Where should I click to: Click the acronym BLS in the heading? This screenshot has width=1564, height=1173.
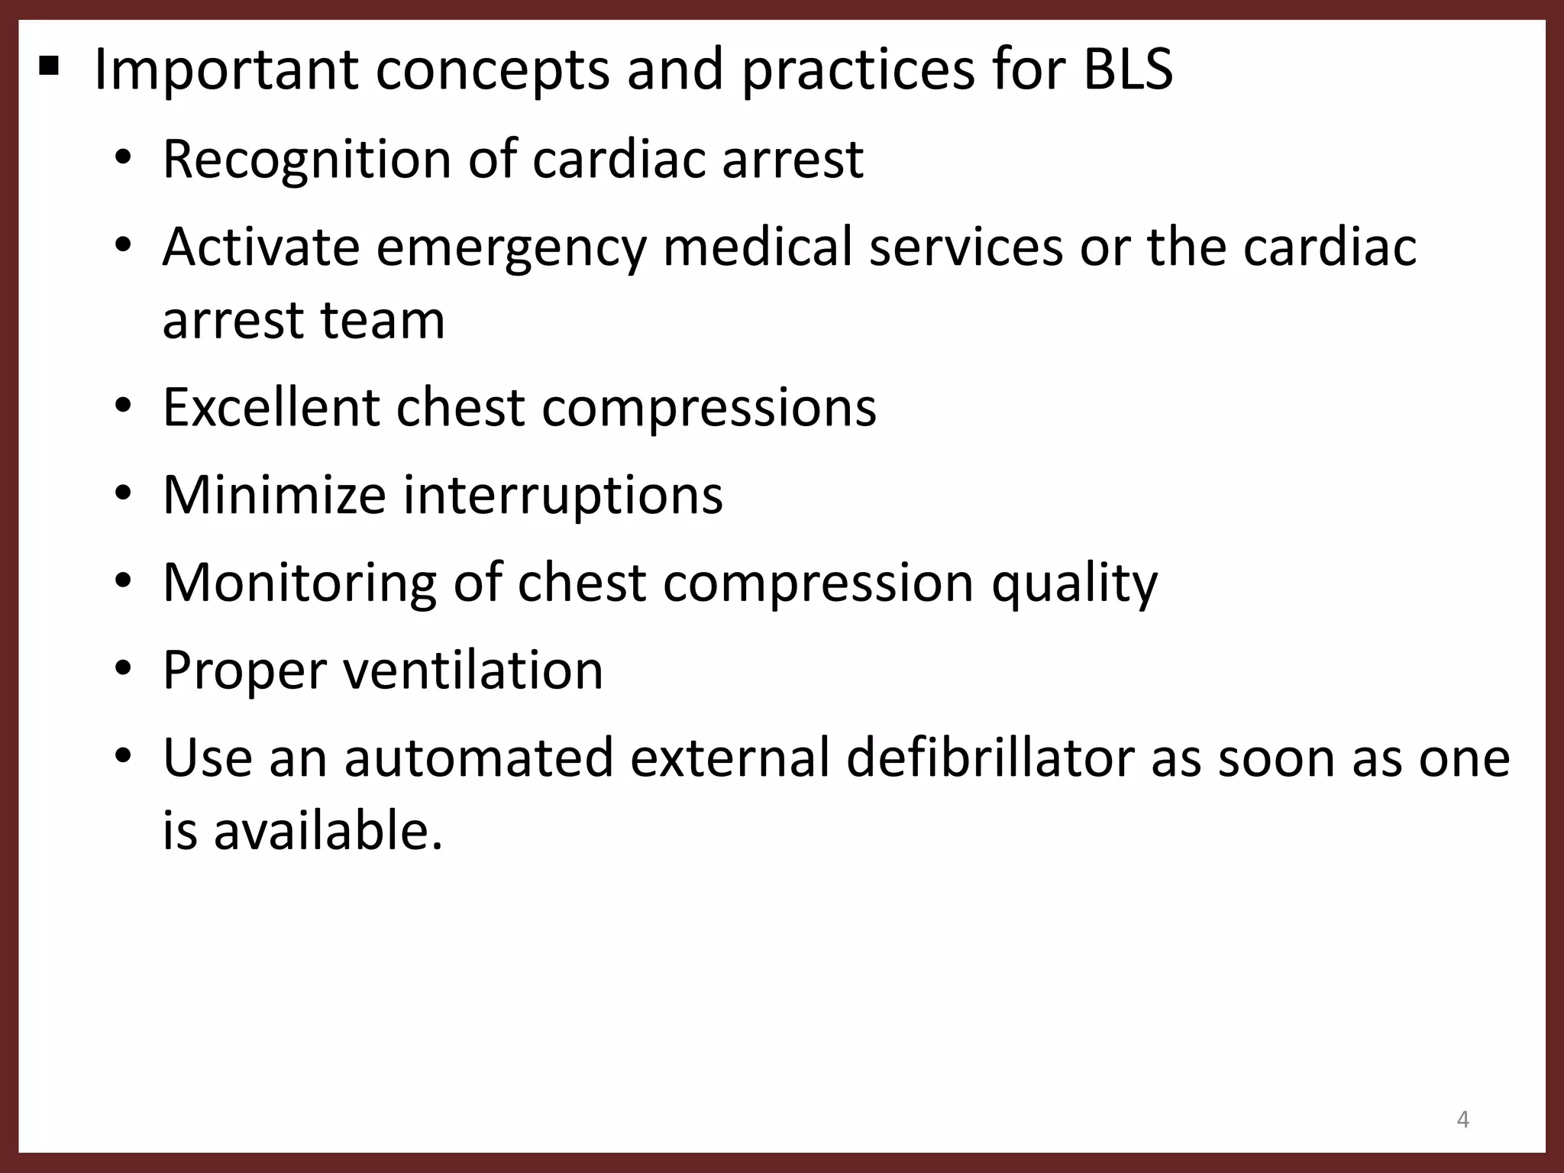click(1127, 70)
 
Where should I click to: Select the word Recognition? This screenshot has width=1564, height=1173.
click(307, 160)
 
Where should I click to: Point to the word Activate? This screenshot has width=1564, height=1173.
click(260, 247)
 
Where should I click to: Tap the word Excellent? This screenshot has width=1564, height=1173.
click(270, 407)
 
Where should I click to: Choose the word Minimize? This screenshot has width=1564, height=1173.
click(274, 495)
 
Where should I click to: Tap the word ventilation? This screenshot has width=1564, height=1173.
click(473, 671)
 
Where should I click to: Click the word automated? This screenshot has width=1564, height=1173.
click(479, 758)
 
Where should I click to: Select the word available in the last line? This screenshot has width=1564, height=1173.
click(328, 831)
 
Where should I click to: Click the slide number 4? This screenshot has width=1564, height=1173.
click(1462, 1120)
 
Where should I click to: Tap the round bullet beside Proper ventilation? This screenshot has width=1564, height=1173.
click(124, 670)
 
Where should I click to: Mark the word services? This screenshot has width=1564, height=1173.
click(965, 247)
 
